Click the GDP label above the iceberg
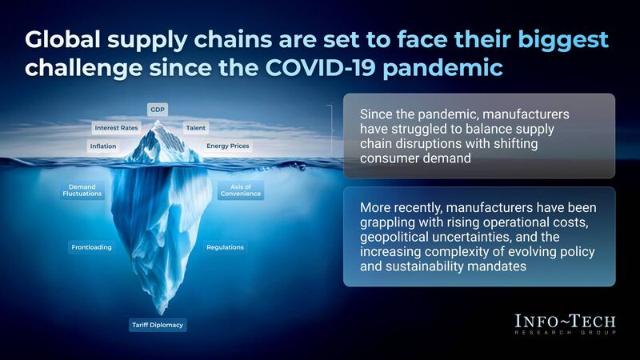[x=157, y=109]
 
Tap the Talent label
[x=195, y=127]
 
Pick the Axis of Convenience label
[x=240, y=190]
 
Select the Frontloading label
[x=91, y=247]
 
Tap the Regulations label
[x=225, y=247]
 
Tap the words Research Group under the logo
[x=566, y=332]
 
